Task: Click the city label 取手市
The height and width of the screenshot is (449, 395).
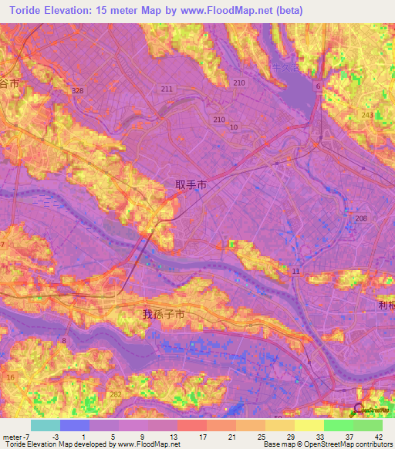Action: (191, 185)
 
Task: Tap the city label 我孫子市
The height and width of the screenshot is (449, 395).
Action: (164, 315)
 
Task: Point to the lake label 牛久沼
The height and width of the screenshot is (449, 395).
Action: (286, 68)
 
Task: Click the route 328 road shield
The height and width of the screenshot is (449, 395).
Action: (78, 90)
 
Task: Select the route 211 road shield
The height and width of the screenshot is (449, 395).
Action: (167, 89)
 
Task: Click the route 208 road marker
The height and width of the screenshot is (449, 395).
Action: (362, 219)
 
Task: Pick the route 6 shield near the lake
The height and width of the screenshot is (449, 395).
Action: (318, 86)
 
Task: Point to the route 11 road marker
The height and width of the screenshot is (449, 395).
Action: (295, 272)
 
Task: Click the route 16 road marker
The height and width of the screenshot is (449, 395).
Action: (10, 377)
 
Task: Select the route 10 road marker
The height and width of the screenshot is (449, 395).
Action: (233, 126)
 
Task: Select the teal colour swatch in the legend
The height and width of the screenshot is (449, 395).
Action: (45, 425)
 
